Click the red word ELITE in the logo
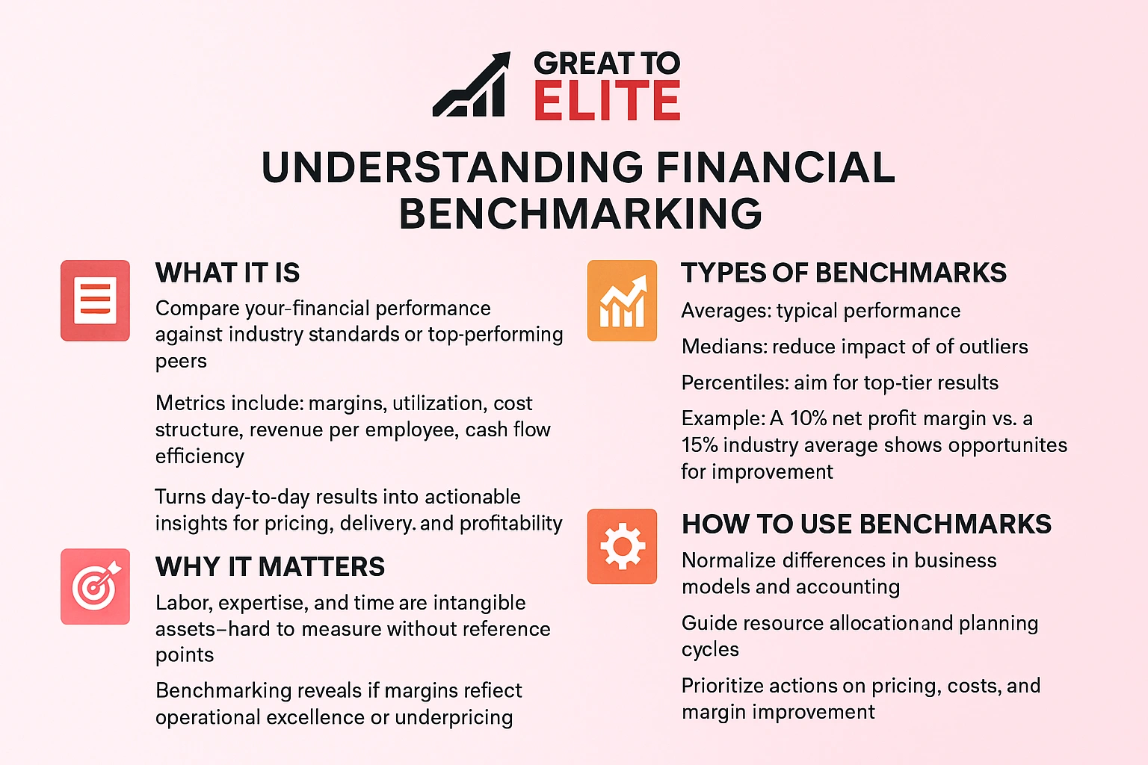click(x=607, y=101)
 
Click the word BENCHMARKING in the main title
click(x=581, y=214)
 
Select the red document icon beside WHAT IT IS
click(x=96, y=300)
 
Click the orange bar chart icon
click(x=622, y=300)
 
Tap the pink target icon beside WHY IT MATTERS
click(x=96, y=586)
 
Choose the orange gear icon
click(x=622, y=546)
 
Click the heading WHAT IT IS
click(x=227, y=273)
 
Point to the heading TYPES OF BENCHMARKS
click(x=844, y=273)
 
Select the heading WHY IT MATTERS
click(x=270, y=567)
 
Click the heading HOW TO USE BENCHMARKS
click(x=866, y=524)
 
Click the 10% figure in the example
click(x=808, y=418)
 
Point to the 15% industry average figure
click(x=699, y=445)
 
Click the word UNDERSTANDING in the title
click(x=452, y=167)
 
